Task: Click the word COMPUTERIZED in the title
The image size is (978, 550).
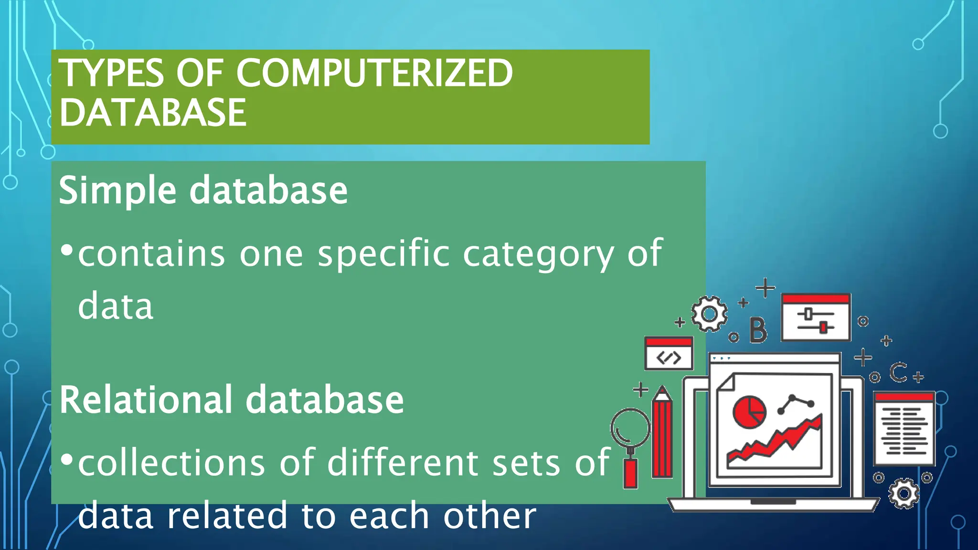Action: coord(374,73)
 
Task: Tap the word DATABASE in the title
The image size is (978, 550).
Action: coord(153,113)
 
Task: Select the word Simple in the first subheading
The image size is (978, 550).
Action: coord(117,190)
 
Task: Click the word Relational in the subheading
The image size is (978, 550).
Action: coord(146,400)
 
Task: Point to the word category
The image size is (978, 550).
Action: coord(538,254)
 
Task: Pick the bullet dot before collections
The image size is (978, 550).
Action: coord(67,459)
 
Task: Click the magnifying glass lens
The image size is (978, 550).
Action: coord(630,428)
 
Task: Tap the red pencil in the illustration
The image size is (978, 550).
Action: coord(662,434)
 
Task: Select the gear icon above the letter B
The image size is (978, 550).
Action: coord(710,314)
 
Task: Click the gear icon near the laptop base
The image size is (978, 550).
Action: coord(904,494)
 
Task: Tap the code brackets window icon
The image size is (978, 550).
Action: coord(669,354)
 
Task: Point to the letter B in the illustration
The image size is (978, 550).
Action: coord(758,330)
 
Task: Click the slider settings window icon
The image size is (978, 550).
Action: coord(816,318)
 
